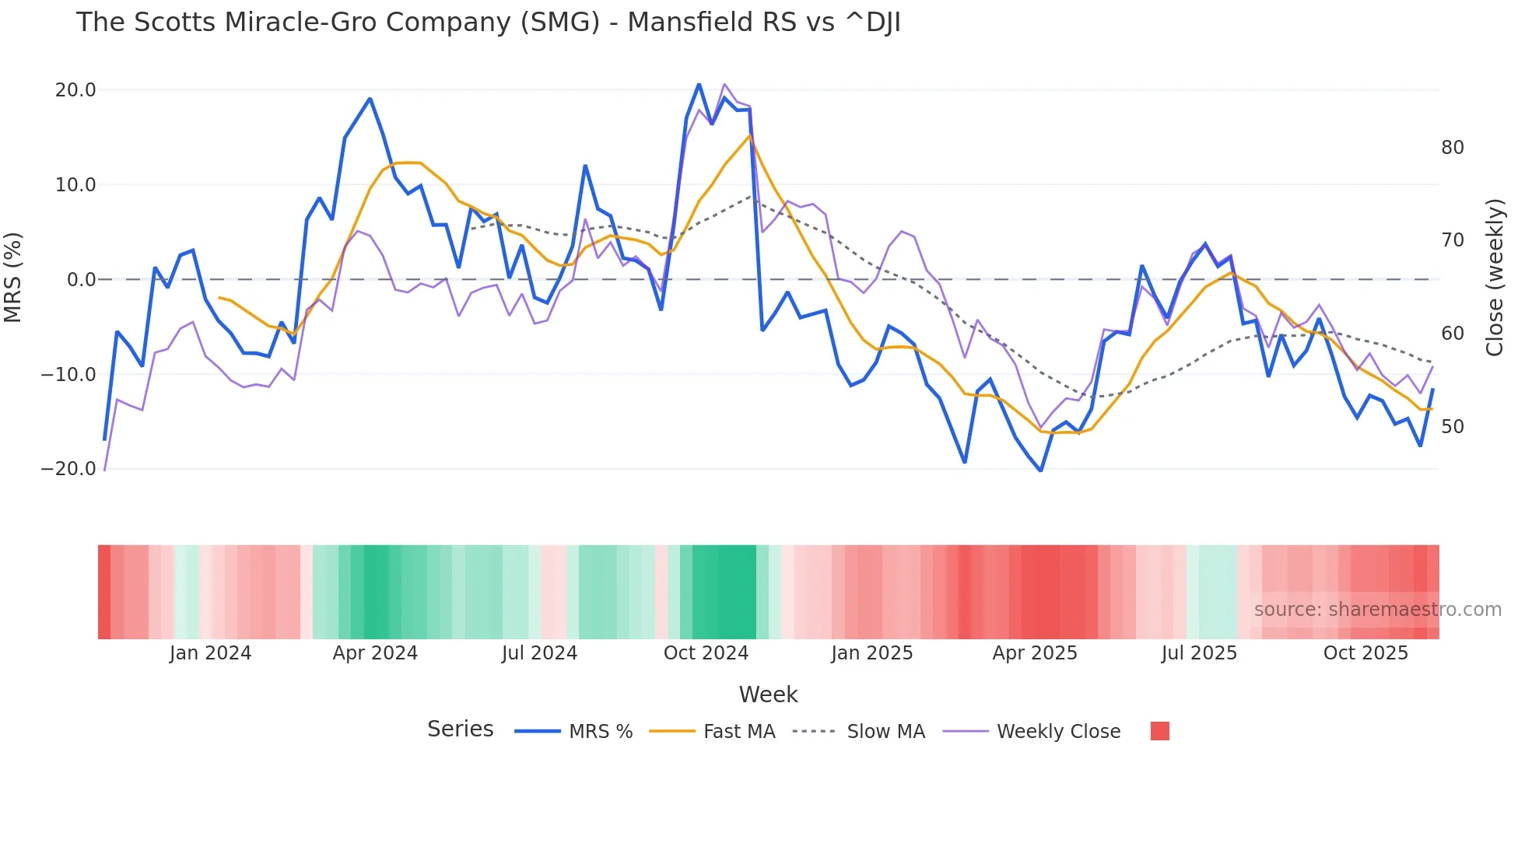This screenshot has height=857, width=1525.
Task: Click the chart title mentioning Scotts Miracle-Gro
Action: tap(488, 23)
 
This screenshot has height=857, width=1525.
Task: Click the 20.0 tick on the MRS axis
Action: tap(75, 90)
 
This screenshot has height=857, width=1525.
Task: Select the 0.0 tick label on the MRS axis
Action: tap(81, 280)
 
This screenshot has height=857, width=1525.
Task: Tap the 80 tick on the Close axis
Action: tap(1452, 148)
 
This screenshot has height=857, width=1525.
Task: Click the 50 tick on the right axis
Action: tap(1452, 427)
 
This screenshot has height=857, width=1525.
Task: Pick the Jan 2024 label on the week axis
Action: tap(210, 653)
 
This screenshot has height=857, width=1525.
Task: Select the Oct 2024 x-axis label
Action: tap(706, 653)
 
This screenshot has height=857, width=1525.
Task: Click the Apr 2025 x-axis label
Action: tap(1035, 653)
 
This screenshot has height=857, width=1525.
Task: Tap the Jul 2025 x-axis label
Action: tap(1199, 653)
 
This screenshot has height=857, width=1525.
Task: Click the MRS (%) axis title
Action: tap(13, 278)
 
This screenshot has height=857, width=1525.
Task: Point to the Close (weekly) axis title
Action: tap(1494, 278)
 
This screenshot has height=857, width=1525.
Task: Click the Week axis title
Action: tap(768, 694)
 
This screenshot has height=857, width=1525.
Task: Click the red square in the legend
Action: tap(1159, 731)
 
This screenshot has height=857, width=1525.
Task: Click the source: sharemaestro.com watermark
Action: tap(1377, 610)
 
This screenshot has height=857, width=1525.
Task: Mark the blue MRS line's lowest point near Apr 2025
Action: tap(1040, 470)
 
